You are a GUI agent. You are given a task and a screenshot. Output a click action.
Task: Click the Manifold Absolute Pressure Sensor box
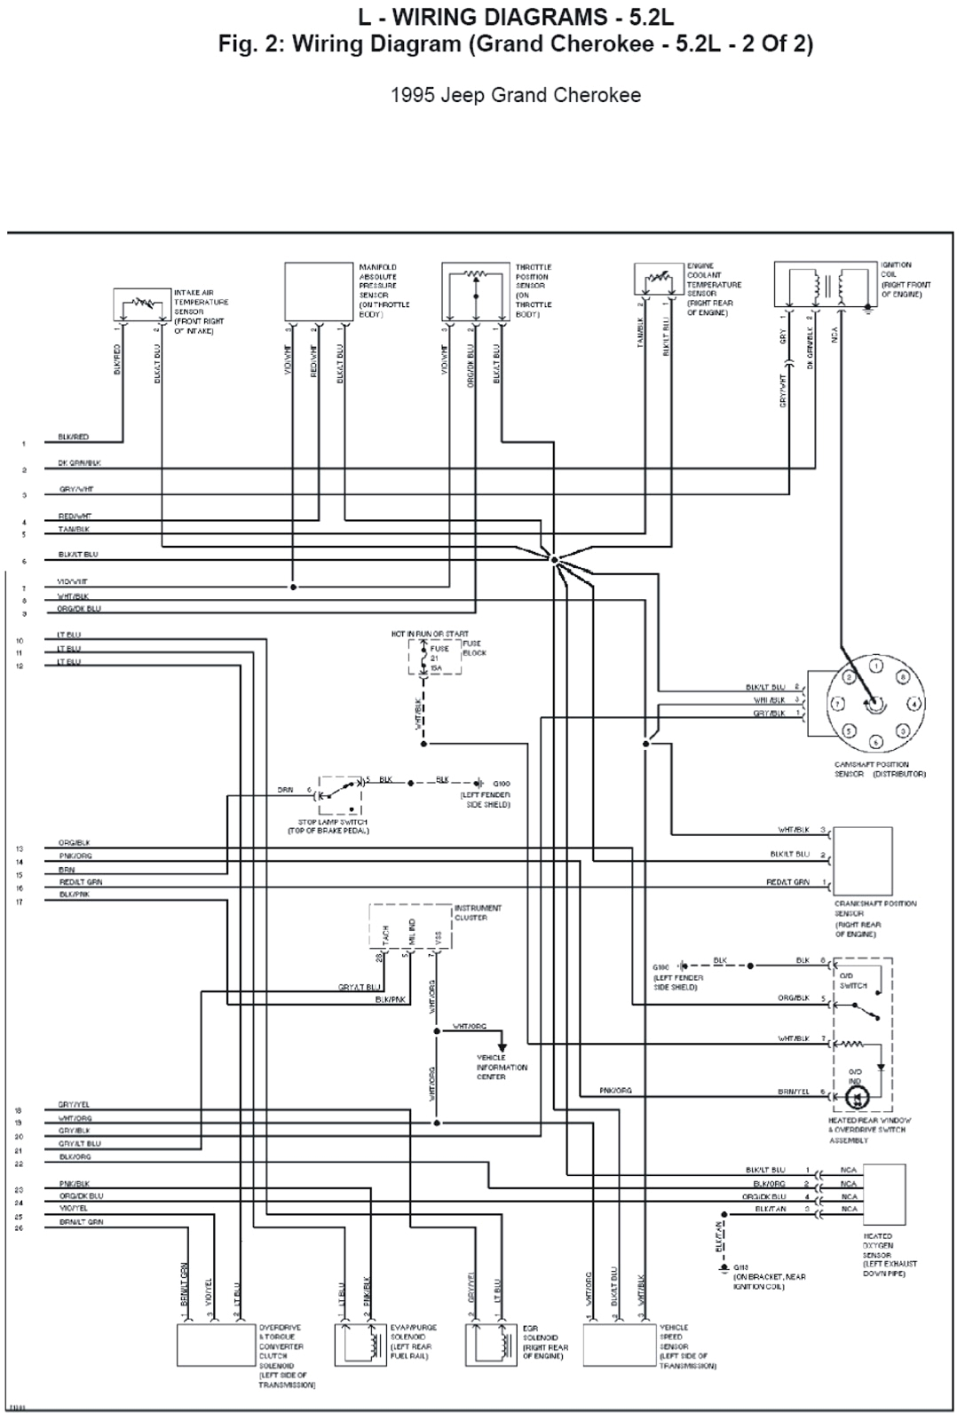319,291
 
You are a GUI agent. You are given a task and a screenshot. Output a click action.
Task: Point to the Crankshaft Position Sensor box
863,861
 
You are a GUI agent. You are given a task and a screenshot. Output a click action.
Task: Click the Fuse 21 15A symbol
424,659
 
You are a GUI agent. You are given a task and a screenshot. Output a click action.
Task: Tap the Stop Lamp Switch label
328,826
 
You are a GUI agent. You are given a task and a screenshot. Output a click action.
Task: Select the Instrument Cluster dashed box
410,927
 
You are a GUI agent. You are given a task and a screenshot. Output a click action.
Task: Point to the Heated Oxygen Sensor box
884,1194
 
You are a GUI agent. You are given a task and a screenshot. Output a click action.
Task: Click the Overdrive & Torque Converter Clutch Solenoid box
216,1345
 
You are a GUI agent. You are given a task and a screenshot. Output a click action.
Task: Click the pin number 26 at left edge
19,1228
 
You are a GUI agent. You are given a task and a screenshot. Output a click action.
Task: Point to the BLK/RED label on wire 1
73,438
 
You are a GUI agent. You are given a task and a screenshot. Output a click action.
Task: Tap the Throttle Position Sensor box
475,291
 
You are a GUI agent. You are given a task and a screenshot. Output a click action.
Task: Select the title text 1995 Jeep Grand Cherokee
516,95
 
